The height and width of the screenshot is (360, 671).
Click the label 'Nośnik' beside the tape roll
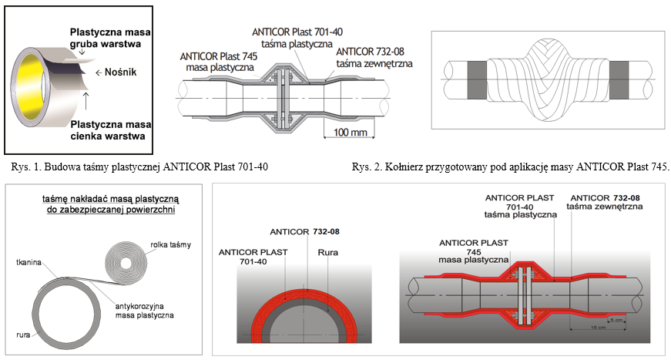tap(120, 72)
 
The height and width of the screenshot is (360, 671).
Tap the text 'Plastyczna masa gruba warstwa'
tap(110, 38)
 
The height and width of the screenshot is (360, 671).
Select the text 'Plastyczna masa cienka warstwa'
tap(110, 130)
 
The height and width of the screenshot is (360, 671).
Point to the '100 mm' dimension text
tap(350, 133)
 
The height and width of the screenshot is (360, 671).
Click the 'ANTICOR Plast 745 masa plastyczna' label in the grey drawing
tap(219, 62)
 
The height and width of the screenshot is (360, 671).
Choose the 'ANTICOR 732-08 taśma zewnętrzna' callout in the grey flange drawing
tap(374, 58)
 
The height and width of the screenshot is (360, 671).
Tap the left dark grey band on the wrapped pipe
tap(477, 79)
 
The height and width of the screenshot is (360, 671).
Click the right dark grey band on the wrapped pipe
tap(619, 79)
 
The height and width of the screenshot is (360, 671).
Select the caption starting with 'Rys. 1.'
tap(139, 167)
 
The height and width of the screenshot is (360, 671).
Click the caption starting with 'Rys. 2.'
tap(510, 167)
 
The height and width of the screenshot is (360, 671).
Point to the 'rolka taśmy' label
tap(170, 245)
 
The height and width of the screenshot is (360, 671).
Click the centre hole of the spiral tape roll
tap(126, 263)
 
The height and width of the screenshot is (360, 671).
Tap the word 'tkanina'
tap(29, 262)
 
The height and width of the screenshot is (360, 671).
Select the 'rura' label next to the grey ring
tap(23, 335)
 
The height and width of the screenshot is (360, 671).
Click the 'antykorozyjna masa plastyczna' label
tap(144, 311)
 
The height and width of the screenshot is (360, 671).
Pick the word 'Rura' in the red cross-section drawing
tap(328, 253)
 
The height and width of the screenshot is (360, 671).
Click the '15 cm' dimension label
tap(599, 328)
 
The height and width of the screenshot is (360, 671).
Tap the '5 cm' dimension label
tap(616, 320)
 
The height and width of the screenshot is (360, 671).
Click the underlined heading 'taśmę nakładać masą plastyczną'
tap(110, 199)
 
